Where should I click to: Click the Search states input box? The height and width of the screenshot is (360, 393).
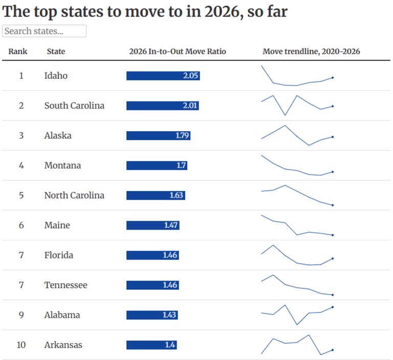(x=44, y=31)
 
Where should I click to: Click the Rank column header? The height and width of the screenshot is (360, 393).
(x=18, y=51)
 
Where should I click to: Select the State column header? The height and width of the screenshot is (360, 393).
(x=56, y=51)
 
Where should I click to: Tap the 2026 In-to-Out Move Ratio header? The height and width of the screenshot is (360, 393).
(x=178, y=51)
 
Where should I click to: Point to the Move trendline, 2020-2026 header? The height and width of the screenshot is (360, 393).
(x=311, y=51)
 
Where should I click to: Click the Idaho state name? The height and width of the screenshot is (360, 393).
(x=56, y=76)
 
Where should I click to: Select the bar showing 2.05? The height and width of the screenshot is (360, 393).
(x=163, y=76)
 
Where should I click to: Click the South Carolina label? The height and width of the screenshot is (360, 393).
(x=74, y=105)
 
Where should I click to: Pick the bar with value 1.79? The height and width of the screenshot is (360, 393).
(x=158, y=136)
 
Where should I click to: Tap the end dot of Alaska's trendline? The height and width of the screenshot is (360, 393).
(x=333, y=137)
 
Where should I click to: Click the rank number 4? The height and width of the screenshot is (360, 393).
(x=21, y=165)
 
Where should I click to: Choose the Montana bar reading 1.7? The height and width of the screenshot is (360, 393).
(x=157, y=165)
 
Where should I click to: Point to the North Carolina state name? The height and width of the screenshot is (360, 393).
(x=74, y=195)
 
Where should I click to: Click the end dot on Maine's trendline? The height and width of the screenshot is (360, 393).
(x=333, y=235)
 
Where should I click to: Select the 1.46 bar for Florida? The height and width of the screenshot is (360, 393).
(x=152, y=255)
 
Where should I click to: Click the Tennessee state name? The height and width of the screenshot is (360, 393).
(x=65, y=285)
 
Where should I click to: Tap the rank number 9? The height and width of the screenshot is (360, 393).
(x=21, y=315)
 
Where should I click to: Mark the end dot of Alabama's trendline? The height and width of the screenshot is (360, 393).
(x=333, y=307)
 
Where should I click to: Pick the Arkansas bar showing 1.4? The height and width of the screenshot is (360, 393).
(x=151, y=345)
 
